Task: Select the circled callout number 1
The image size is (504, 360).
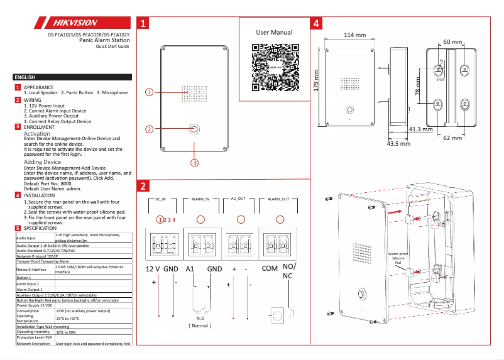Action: tap(149, 92)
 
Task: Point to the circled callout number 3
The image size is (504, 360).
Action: tap(195, 162)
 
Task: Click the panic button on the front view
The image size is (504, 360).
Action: tap(195, 130)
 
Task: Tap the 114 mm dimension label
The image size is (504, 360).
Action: tap(354, 35)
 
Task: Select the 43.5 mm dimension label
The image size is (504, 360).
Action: tap(398, 143)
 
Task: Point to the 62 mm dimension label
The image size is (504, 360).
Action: tap(452, 137)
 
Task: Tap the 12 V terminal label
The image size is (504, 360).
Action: tap(153, 268)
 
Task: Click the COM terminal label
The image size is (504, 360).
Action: tap(270, 268)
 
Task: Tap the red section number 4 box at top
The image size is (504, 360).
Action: tap(317, 24)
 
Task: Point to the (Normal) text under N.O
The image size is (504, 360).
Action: tap(200, 325)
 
